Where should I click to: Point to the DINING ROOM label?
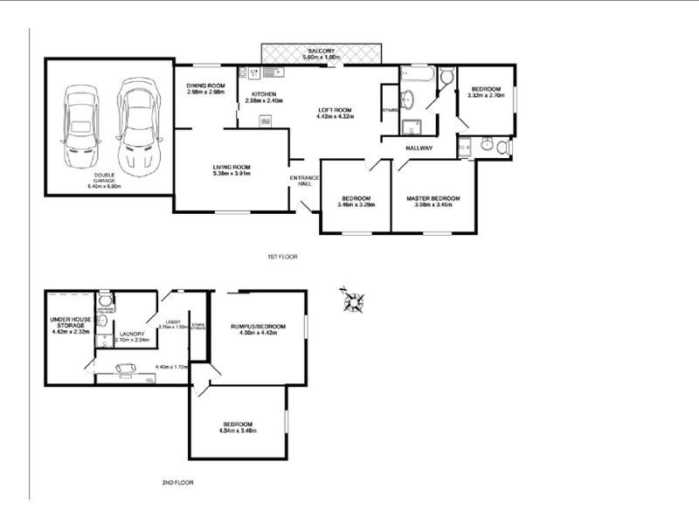[206, 85]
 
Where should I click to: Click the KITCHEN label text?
[264, 93]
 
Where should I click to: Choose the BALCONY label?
[319, 51]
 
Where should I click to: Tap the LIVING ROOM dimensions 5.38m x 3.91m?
[232, 173]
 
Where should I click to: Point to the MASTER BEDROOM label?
[433, 198]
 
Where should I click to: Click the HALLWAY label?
[419, 148]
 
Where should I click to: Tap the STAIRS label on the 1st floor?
[390, 110]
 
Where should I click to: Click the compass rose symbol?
[355, 301]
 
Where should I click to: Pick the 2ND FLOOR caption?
[177, 481]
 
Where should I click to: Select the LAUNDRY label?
[132, 333]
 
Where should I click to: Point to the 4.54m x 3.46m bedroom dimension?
[239, 431]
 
